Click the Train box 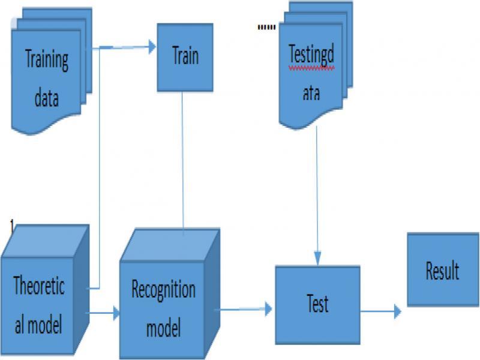pos(185,57)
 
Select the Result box pos(442,271)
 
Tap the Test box pos(317,304)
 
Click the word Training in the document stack pos(47,61)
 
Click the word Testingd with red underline pos(311,55)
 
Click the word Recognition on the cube pos(163,290)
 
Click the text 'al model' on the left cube pos(38,325)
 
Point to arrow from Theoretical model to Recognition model pos(104,313)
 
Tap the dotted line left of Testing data pos(265,28)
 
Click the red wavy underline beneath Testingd pos(311,69)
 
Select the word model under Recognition pos(164,329)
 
